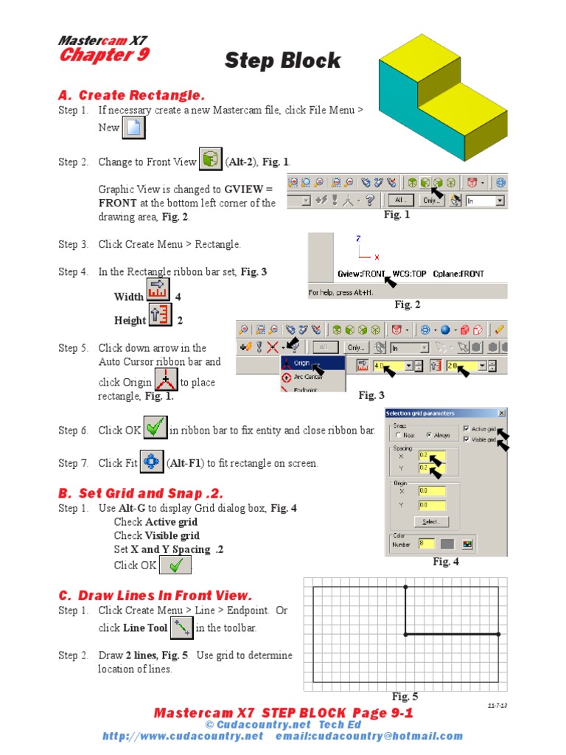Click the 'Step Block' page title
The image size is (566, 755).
coord(282,60)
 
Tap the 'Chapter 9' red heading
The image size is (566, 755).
coord(104,55)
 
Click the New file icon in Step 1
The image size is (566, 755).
coord(133,128)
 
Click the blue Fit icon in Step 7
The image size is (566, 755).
coord(151,462)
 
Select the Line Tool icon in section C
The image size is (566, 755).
coord(181,628)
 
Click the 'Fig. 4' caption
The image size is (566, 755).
coord(446,562)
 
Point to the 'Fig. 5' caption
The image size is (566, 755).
coord(405,696)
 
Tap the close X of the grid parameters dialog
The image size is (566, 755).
coord(502,414)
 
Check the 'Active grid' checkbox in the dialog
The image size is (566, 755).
coord(466,428)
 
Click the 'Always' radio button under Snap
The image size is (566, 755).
coord(429,436)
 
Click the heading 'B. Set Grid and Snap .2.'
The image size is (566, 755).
coord(140,493)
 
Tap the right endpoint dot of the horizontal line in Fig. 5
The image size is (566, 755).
coord(498,634)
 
